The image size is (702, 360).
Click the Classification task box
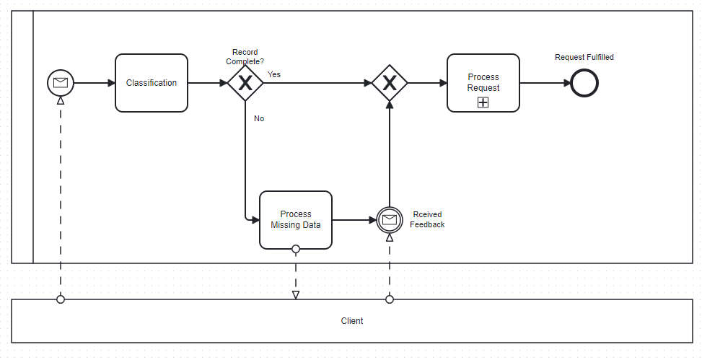[152, 83]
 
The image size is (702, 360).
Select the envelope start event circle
[61, 83]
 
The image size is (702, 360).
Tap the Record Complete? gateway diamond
[245, 83]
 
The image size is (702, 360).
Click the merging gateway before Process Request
[390, 83]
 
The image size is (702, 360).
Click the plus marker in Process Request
[483, 102]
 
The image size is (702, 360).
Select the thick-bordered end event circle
[584, 83]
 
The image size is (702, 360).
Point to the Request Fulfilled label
[584, 57]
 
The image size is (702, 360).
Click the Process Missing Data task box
[296, 219]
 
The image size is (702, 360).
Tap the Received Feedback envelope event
[390, 219]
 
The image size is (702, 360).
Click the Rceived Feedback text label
[427, 219]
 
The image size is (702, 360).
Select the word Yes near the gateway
[274, 74]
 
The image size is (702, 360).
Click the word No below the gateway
[259, 118]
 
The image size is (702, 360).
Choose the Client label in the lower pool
[352, 321]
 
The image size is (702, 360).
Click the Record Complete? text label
[245, 57]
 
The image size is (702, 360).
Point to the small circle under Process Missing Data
[296, 249]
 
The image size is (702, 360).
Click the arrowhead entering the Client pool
[296, 294]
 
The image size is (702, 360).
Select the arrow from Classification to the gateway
[208, 83]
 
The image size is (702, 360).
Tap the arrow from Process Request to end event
[545, 83]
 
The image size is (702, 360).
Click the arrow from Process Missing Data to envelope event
[354, 219]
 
